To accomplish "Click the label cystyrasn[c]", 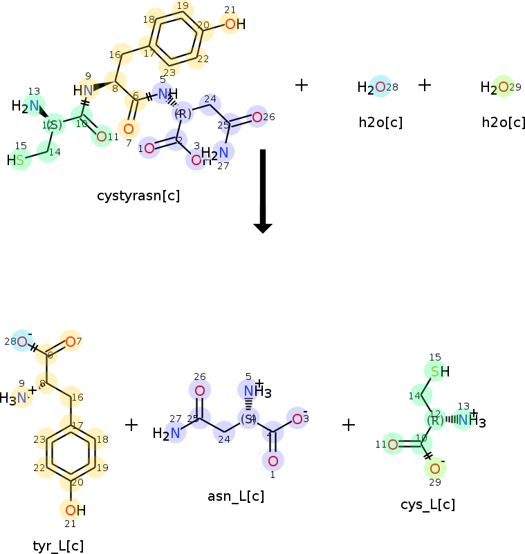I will click(138, 195).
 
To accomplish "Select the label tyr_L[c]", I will click(58, 546).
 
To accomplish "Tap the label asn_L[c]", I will click(236, 496).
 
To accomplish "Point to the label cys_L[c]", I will click(427, 504).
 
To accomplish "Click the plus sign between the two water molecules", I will click(425, 85).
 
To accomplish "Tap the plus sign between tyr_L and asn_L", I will click(131, 424).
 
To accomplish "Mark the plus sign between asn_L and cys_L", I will click(349, 424).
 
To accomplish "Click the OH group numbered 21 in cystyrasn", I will click(234, 24).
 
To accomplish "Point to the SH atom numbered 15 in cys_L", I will click(439, 372).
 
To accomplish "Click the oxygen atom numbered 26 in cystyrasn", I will click(257, 117).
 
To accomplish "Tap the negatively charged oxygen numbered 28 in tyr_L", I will click(23, 341).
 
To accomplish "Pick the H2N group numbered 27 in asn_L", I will click(169, 433).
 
